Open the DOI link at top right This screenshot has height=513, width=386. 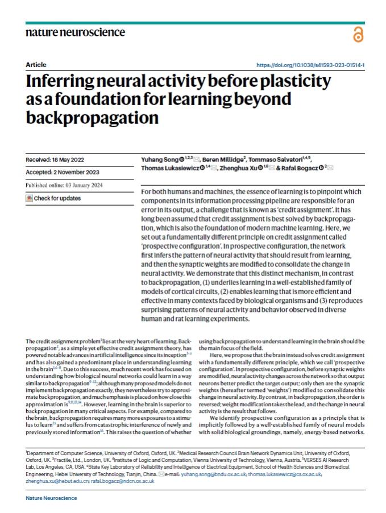[x=310, y=65]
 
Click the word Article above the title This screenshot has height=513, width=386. [x=36, y=65]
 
